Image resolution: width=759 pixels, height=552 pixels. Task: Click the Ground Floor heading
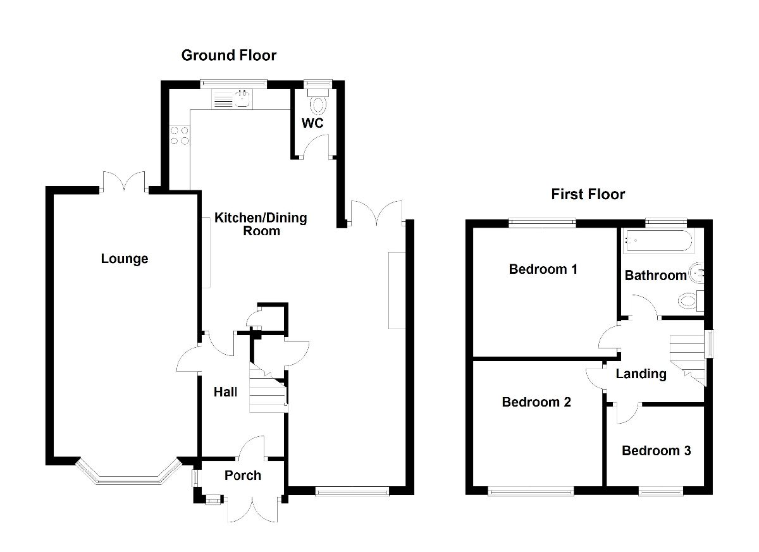pyautogui.click(x=228, y=56)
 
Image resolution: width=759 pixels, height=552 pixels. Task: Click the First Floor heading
pyautogui.click(x=588, y=194)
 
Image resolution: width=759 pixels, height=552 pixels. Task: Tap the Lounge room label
pyautogui.click(x=125, y=259)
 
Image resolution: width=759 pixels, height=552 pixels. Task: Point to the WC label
pyautogui.click(x=312, y=123)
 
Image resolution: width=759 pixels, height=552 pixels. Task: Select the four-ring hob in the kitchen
pyautogui.click(x=179, y=135)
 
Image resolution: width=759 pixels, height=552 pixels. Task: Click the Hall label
pyautogui.click(x=225, y=393)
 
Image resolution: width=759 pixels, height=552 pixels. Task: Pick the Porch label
pyautogui.click(x=242, y=475)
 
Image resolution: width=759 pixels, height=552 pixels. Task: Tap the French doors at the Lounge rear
pyautogui.click(x=124, y=182)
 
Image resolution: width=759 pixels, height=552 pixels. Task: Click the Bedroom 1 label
pyautogui.click(x=543, y=269)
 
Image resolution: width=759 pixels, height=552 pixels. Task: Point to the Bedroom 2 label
pyautogui.click(x=536, y=402)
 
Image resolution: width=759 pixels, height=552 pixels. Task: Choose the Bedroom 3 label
pyautogui.click(x=656, y=451)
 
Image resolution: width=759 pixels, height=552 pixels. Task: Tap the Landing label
pyautogui.click(x=641, y=374)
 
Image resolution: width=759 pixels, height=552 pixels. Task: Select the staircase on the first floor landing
pyautogui.click(x=688, y=357)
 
